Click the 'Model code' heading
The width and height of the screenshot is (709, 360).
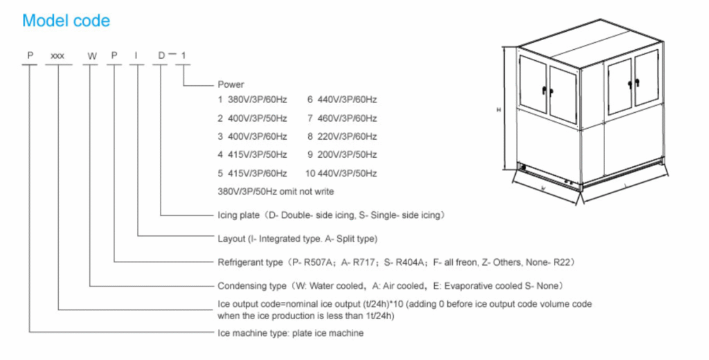pyautogui.click(x=66, y=21)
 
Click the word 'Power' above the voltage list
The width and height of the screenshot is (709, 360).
pyautogui.click(x=231, y=84)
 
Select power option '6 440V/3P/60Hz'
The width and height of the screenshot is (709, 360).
pyautogui.click(x=341, y=100)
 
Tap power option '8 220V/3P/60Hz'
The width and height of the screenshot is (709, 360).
pyautogui.click(x=341, y=136)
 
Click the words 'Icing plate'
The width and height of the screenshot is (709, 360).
pyautogui.click(x=238, y=215)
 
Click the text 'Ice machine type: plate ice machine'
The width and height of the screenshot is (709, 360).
pyautogui.click(x=290, y=333)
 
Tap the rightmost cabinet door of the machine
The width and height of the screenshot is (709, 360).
pyautogui.click(x=647, y=78)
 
